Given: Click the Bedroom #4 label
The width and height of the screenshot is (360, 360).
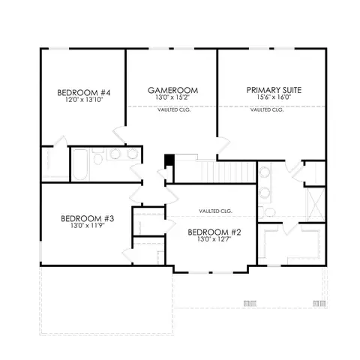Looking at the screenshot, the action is coord(83,93).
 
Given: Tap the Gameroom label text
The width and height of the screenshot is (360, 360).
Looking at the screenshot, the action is coord(172,90).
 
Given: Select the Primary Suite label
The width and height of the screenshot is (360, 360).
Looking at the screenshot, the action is coord(274,90).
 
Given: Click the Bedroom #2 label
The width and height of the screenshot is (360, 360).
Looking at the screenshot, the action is coord(214,232).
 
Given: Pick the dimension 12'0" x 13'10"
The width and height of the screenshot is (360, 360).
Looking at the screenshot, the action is coord(84,100).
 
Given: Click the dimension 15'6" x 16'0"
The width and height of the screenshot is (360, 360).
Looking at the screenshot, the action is coord(274,97).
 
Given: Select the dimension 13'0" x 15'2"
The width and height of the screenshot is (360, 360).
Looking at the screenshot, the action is coord(173,97).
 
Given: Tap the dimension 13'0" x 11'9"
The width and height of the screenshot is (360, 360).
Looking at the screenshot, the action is coord(88,226).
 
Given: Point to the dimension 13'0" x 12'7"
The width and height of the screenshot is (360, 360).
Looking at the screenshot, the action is coord(214,239).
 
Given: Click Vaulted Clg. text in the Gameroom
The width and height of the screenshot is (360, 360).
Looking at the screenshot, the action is coord(174,109).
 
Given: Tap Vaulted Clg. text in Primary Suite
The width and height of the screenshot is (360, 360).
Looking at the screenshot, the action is coord(267,109).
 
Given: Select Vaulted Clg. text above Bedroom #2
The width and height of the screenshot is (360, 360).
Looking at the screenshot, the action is coord(215,211).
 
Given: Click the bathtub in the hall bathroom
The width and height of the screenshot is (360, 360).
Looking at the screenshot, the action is coord(80,164).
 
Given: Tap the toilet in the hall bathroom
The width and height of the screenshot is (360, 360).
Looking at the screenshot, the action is coord(97,157).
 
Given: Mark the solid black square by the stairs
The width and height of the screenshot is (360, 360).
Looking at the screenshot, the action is coord(169,160).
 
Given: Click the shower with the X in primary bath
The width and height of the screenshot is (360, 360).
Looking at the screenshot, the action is coord(316,204).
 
